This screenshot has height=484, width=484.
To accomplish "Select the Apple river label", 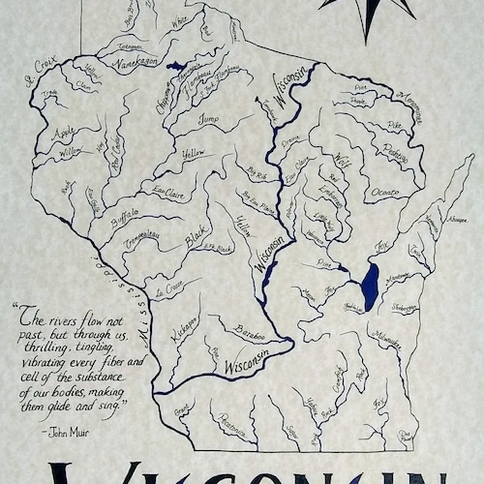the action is tap(65, 131).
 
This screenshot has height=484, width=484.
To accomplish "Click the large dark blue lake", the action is tap(369, 287).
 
